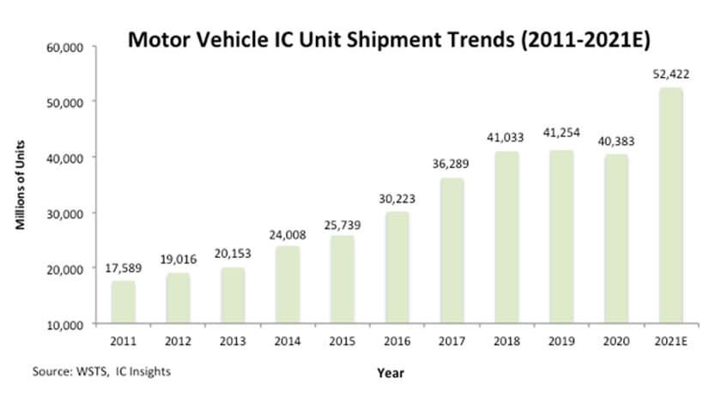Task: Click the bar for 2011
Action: (x=124, y=302)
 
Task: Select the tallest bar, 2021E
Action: (x=670, y=206)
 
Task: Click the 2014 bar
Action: (x=288, y=285)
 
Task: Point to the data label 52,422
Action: (x=670, y=75)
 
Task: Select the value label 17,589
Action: (x=124, y=268)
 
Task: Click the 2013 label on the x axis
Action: (x=233, y=340)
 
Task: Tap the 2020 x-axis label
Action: (x=615, y=340)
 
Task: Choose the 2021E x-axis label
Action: (x=670, y=340)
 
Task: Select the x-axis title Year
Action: (x=390, y=373)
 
